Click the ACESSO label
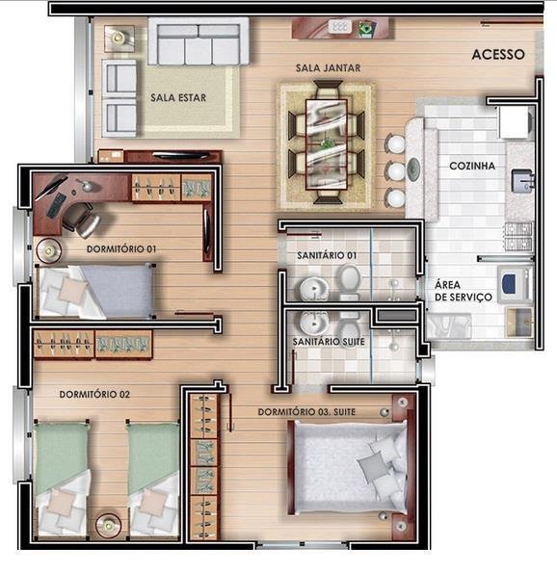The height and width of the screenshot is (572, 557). [x=498, y=55]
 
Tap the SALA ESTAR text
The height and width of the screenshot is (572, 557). [x=178, y=98]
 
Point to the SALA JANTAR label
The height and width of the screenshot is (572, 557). [x=328, y=67]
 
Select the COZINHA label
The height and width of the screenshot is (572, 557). [x=472, y=166]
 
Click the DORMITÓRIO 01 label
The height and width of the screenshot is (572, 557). [x=121, y=249]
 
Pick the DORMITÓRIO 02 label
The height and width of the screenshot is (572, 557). [x=94, y=395]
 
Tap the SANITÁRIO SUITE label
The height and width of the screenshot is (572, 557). [x=329, y=342]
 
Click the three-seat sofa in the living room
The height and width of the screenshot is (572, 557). [x=199, y=41]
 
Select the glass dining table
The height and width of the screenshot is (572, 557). [x=326, y=144]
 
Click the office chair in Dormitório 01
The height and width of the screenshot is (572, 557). [x=81, y=220]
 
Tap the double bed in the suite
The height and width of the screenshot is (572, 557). [x=348, y=467]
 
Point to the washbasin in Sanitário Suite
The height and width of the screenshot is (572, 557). [x=313, y=323]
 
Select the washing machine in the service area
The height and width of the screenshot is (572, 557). [x=515, y=284]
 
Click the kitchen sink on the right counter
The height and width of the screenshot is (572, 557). [x=522, y=181]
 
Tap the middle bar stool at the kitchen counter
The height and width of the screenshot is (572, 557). [x=395, y=171]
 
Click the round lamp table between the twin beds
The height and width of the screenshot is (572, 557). [x=108, y=525]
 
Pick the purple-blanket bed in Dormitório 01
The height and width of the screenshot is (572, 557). [x=94, y=292]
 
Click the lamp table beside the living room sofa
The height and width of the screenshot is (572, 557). [x=119, y=38]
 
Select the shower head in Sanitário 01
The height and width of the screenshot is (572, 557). [x=393, y=283]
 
